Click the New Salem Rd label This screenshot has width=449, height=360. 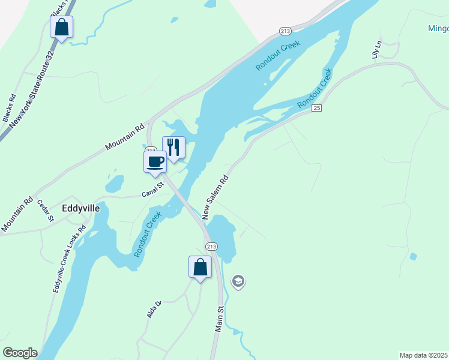point(216,197)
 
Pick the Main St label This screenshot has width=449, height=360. point(220,319)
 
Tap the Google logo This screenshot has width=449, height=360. point(20,353)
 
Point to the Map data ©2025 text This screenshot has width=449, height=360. point(423,355)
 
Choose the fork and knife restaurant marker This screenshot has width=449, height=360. point(173,146)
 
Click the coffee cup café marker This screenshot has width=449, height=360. point(155,161)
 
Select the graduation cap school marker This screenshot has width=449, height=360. point(238,281)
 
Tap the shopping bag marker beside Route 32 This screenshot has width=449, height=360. point(61,26)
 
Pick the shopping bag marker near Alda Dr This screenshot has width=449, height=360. point(200,266)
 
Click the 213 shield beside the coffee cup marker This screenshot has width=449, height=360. point(151,149)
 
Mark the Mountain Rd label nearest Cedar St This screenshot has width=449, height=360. point(17,215)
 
